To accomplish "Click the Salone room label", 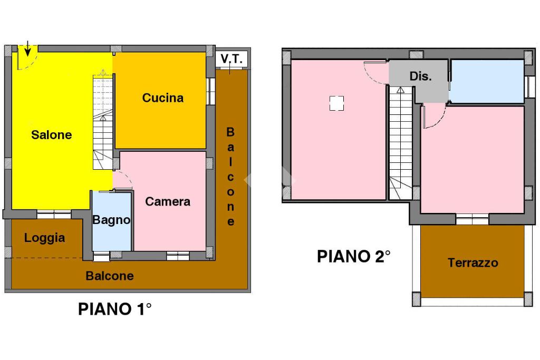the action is pos(52,134).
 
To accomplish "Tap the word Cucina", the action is pos(163,98).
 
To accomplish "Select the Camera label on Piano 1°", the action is pos(168,201).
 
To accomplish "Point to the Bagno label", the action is pos(111,220).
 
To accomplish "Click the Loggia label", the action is pos(44,238).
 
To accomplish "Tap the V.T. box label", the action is pos(232,59).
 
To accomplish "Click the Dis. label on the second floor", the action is pos(420,76).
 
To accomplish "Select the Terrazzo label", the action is pos(473,263).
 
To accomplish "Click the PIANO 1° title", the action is pos(114,309).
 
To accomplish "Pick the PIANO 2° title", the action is pos(354,256).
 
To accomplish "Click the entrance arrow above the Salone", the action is pos(27,48).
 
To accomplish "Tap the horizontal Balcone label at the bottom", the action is pos(110,276).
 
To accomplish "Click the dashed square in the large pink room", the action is pos(336,103).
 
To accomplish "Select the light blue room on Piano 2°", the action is pos(487,81).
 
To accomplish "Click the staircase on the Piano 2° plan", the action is pos(401,143).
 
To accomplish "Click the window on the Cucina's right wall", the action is pos(211,91).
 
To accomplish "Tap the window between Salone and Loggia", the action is pos(54,215).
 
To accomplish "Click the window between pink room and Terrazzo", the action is pos(472,219).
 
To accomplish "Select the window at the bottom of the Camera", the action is pos(178,256).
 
